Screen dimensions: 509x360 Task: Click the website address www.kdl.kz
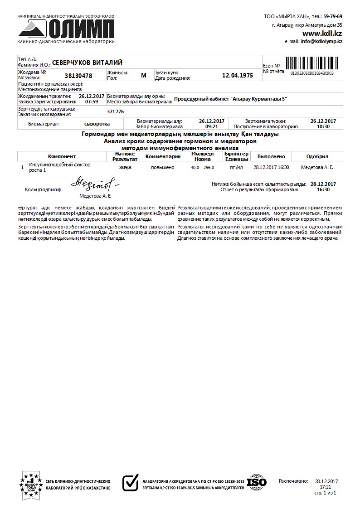tap(322, 34)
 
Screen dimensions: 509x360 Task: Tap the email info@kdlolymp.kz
tap(321, 41)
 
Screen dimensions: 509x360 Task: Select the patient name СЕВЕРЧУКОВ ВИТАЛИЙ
tap(88, 63)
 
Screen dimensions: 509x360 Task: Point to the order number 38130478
tap(78, 76)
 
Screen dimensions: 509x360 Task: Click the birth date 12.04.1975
tap(238, 75)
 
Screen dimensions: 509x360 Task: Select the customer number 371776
tap(115, 111)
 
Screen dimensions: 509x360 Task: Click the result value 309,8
tap(125, 167)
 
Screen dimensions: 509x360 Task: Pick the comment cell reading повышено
tap(162, 167)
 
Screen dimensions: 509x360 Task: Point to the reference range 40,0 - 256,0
tap(202, 167)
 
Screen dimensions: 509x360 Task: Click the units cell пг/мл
tap(236, 167)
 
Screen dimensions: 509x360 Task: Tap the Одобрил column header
tap(317, 156)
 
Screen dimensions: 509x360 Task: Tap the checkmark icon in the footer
tap(131, 482)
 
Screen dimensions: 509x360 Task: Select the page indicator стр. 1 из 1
tap(325, 492)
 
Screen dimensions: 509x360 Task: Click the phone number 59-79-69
tap(333, 16)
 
